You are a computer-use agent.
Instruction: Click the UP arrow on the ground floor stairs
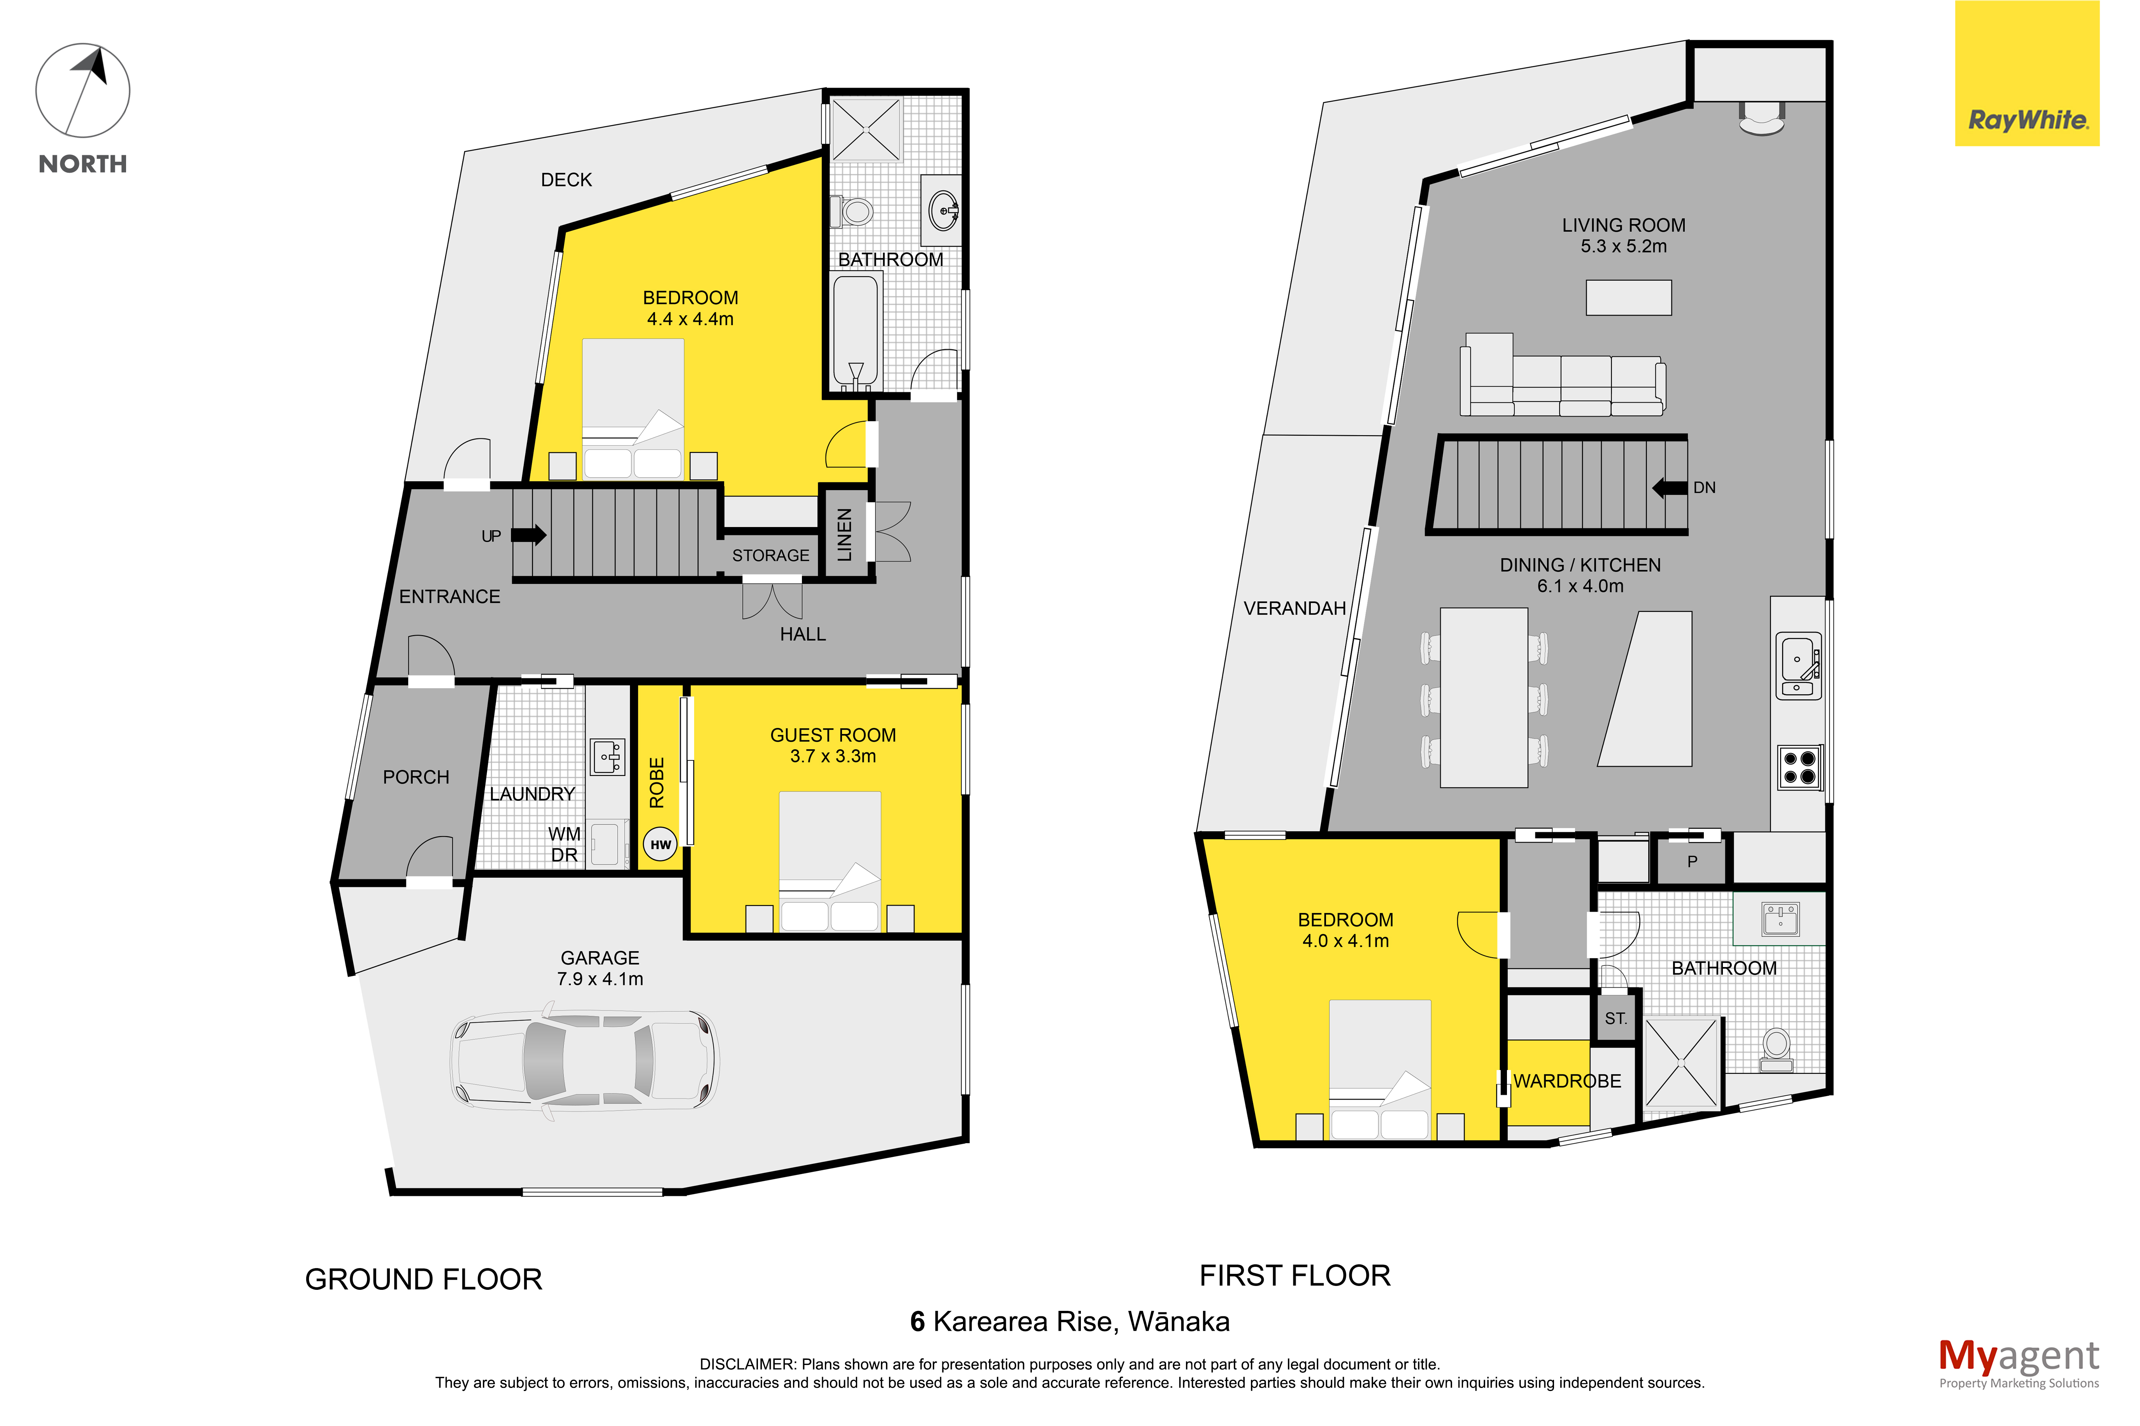(528, 535)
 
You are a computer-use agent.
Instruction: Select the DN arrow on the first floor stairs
(1669, 489)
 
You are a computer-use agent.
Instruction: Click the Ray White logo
(2027, 74)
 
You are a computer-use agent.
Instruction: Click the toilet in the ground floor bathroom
(852, 212)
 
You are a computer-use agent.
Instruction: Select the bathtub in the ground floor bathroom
(856, 332)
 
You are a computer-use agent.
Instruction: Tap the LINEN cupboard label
(845, 535)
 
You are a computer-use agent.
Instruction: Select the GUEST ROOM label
(833, 735)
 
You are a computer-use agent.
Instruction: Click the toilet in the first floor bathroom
(1776, 1049)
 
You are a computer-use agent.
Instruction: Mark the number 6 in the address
(917, 1321)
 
